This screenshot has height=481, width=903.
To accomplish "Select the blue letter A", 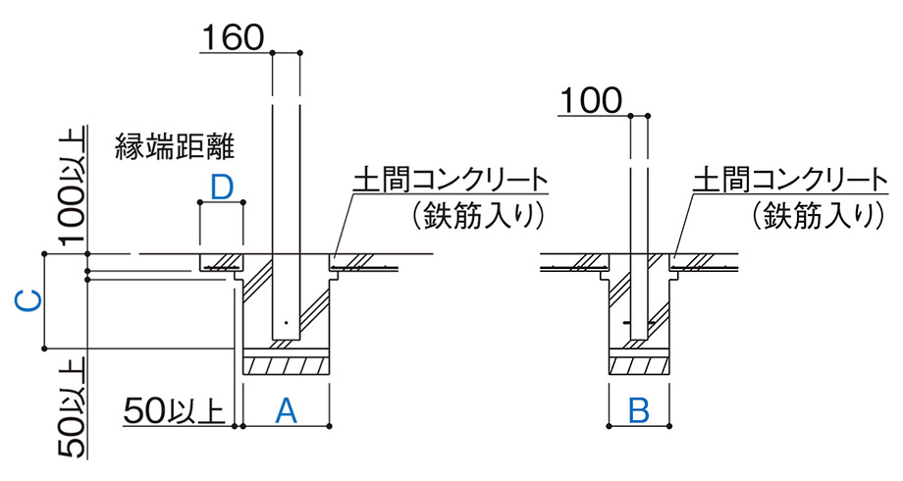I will pos(285,411).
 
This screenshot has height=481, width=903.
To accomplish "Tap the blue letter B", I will pos(639,411).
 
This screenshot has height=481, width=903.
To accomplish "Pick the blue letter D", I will pos(222,187).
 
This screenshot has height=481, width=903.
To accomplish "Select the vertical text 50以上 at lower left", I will pos(72,408).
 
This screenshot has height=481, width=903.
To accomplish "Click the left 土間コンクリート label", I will pos(450,180).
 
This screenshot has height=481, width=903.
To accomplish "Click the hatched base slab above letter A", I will pos(285,365).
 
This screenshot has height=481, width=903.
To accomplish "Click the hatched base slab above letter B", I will pos(639,365).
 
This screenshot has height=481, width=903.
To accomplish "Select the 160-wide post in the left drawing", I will pos(286,196).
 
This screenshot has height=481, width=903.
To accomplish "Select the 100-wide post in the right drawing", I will pos(639,216).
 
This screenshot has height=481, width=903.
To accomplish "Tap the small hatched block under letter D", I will pos(222,263).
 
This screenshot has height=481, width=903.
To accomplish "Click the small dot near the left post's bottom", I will pos(283,323).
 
